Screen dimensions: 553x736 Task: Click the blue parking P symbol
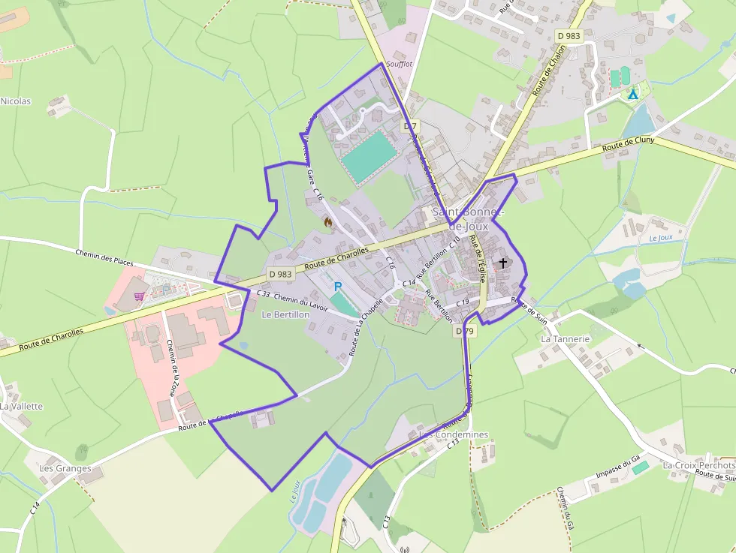[x=337, y=286]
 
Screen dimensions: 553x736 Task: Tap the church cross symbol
[x=502, y=263]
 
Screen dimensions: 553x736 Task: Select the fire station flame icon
[x=327, y=221]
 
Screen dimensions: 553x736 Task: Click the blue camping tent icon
[x=632, y=94]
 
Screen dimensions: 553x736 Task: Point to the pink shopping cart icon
[x=139, y=296]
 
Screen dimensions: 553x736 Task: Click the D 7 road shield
[x=409, y=126]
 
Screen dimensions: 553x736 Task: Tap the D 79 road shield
[x=463, y=330]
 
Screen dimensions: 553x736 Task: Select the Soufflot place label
[x=399, y=65]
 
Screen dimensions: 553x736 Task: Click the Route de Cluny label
[x=629, y=144]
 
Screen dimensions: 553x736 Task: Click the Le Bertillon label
[x=285, y=315]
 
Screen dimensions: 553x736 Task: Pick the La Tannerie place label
[x=566, y=338]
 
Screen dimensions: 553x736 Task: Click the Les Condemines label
[x=454, y=434]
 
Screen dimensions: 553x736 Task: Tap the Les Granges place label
[x=65, y=468]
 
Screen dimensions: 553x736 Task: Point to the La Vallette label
[x=22, y=406]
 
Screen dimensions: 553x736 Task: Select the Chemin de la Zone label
[x=171, y=368]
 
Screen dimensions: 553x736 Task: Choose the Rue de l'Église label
[x=477, y=258]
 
